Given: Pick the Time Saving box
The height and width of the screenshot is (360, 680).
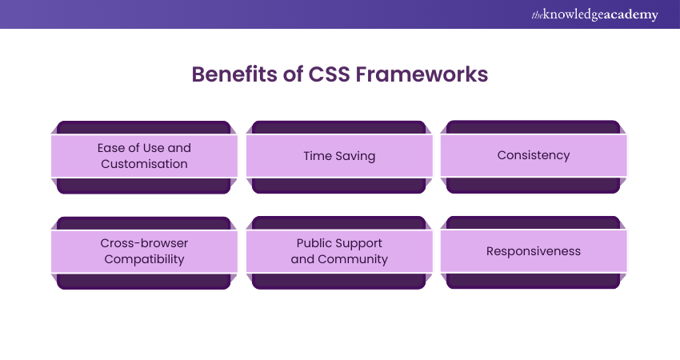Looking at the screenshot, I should tap(339, 156).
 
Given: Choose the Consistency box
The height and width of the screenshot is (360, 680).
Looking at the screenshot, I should tap(534, 155).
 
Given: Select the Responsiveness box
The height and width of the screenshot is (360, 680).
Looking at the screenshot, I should tap(534, 251).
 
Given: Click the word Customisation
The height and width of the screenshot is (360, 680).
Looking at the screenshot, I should tap(144, 164).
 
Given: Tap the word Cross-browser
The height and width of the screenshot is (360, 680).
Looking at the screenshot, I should tap(144, 243).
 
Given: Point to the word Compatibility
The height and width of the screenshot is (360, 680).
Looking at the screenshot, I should tap(144, 259).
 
